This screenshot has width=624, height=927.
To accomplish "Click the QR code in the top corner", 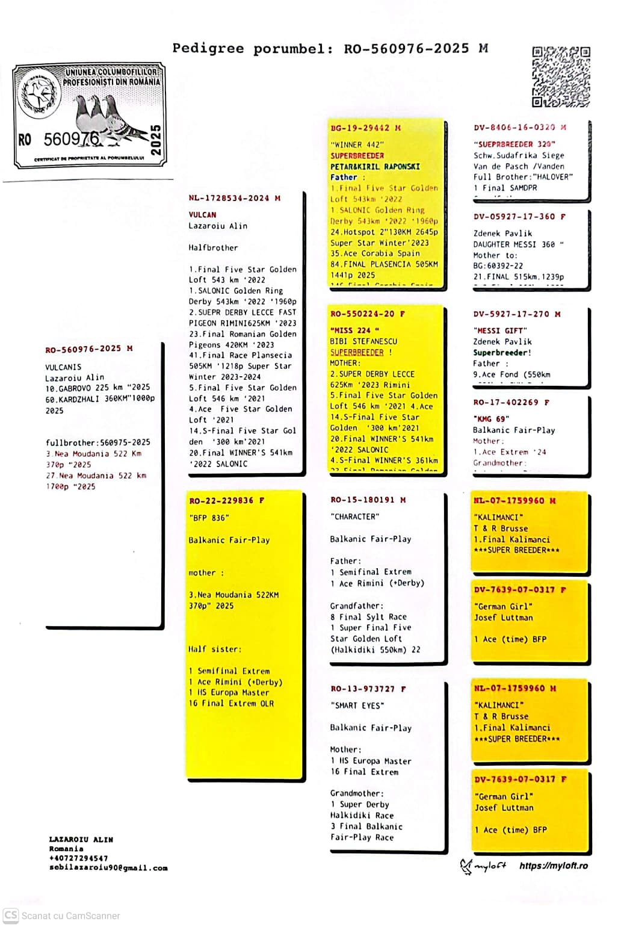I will click(561, 76).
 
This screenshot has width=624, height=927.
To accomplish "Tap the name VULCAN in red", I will click(202, 215).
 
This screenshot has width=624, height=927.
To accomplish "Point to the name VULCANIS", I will click(63, 367).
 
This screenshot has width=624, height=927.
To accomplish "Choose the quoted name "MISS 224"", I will click(354, 330).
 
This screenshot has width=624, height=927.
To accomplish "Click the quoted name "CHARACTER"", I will click(355, 516).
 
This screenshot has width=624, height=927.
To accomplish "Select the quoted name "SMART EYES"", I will click(357, 705).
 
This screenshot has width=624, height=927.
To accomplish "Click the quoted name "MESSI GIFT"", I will click(500, 330).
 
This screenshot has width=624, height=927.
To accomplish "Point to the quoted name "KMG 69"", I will click(491, 419).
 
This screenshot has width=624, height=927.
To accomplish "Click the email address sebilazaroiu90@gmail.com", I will click(108, 868).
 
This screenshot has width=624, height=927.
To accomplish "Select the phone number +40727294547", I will click(79, 858).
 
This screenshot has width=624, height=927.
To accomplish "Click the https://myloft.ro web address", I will click(553, 866).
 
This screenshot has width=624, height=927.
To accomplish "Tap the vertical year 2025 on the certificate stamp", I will click(155, 140).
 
